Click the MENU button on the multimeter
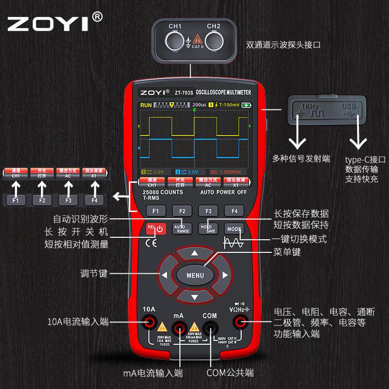194,275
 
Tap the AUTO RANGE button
182,228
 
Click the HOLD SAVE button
208,228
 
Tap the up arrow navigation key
194,253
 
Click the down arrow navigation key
194,297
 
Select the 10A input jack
149,321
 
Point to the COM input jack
210,321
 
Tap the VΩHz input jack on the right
239,321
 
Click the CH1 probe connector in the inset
175,40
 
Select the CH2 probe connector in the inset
213,40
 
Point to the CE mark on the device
152,244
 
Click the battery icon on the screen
247,105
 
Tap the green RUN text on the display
146,105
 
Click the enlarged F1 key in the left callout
16,200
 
